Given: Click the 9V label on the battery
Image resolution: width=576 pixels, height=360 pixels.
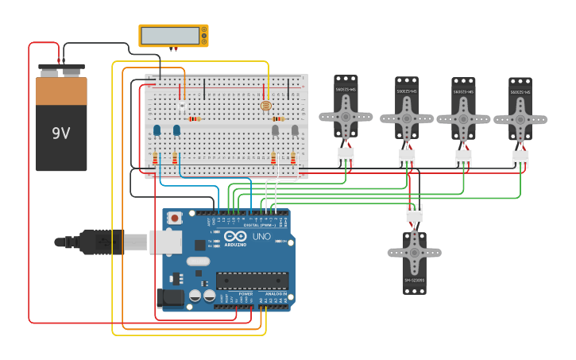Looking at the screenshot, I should pyautogui.click(x=61, y=133).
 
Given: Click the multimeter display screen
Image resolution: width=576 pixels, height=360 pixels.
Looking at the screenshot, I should pyautogui.click(x=170, y=36).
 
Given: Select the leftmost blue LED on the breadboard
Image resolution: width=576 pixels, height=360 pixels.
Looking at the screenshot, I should pyautogui.click(x=157, y=130).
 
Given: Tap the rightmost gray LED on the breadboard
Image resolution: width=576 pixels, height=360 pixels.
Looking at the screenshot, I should pyautogui.click(x=294, y=130).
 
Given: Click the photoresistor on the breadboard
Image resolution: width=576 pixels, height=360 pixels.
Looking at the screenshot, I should pyautogui.click(x=265, y=105).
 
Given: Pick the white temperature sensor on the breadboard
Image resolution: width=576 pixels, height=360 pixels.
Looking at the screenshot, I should pyautogui.click(x=182, y=105).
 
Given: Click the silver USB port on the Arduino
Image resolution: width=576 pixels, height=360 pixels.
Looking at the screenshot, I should pyautogui.click(x=165, y=242).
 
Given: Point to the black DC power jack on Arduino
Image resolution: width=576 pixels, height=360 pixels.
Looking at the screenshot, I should pyautogui.click(x=169, y=297).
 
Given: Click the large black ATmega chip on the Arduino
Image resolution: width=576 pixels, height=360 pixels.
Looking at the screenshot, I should pyautogui.click(x=252, y=281).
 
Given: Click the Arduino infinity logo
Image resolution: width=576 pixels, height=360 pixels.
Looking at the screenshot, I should pyautogui.click(x=235, y=237).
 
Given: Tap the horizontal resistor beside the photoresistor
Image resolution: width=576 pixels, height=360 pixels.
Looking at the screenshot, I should pyautogui.click(x=277, y=118).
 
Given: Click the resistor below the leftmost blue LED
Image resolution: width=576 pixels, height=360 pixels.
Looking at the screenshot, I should pyautogui.click(x=155, y=158).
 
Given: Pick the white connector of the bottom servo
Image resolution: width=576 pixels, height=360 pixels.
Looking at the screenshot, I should pyautogui.click(x=414, y=213).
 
